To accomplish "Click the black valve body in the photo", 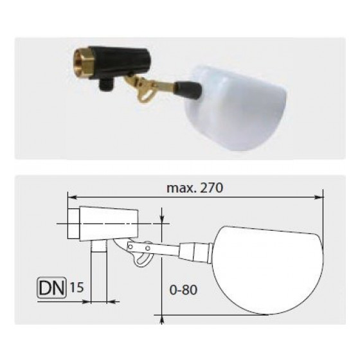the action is [x=120, y=62].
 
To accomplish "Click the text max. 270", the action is [x=195, y=188].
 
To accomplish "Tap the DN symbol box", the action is [x=51, y=288].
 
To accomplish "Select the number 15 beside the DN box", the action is [x=76, y=287].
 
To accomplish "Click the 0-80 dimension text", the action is [x=183, y=290].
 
